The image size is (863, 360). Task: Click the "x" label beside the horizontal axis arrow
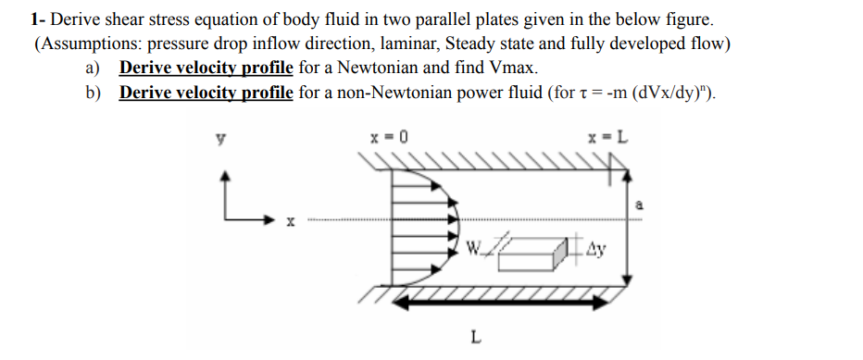point(291,223)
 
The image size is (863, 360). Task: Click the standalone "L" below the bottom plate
point(474,337)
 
